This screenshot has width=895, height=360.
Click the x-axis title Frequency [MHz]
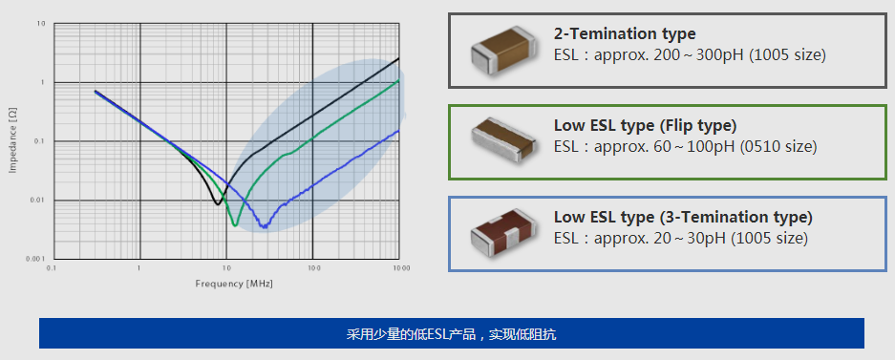(227, 284)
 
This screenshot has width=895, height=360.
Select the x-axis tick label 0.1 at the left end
(52, 269)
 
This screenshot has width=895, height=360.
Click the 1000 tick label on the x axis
(401, 269)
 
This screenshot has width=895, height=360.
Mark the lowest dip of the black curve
(218, 203)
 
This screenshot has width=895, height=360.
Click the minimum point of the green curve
(235, 225)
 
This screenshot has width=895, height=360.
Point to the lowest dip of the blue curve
(265, 227)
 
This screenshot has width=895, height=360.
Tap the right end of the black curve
(399, 59)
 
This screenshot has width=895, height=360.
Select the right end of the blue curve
(399, 131)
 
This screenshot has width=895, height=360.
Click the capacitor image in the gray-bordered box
(500, 50)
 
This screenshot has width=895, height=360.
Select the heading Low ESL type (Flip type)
(646, 125)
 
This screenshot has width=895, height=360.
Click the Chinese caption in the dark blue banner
(451, 334)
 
